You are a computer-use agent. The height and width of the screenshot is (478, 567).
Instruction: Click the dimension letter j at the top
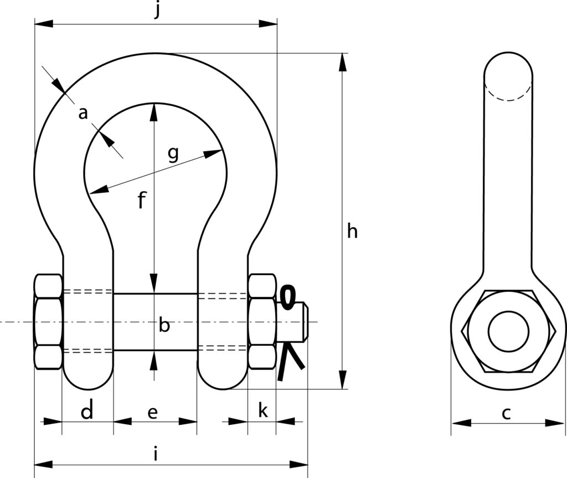[x=157, y=11]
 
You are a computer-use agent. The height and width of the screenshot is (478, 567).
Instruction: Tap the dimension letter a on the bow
[x=83, y=114]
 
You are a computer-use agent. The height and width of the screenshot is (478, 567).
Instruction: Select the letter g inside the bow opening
[x=173, y=154]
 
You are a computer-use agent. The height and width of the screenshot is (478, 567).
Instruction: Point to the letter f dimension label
[x=141, y=200]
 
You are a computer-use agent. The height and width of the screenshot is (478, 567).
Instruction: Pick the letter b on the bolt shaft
[x=164, y=325]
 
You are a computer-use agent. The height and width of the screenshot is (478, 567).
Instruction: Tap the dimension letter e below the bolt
[x=153, y=412]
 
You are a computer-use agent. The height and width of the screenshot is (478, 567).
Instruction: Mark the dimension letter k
[x=263, y=411]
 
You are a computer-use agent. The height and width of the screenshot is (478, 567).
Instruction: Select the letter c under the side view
[x=506, y=413]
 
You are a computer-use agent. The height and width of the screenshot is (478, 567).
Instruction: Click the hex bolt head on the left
[x=48, y=321]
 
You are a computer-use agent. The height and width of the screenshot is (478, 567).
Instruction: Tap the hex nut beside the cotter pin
[x=261, y=321]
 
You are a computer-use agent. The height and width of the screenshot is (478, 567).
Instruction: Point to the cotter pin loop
[x=287, y=297]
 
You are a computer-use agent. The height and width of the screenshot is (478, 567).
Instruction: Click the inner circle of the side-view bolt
[x=508, y=331]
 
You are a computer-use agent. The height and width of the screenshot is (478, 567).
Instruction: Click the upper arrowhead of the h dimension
[x=343, y=61]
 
